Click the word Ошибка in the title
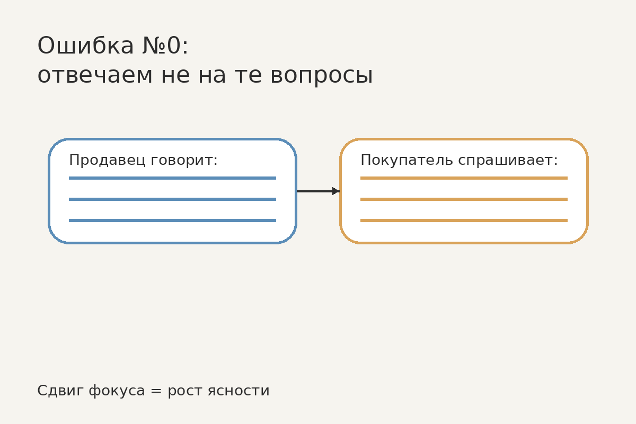[85, 46]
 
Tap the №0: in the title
[165, 46]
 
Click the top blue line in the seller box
[172, 178]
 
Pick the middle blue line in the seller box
[172, 199]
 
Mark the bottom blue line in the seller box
[172, 220]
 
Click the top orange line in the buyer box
[464, 178]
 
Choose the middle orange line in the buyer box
[464, 199]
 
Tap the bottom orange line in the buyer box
[464, 220]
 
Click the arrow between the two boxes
[318, 191]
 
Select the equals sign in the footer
[156, 391]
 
